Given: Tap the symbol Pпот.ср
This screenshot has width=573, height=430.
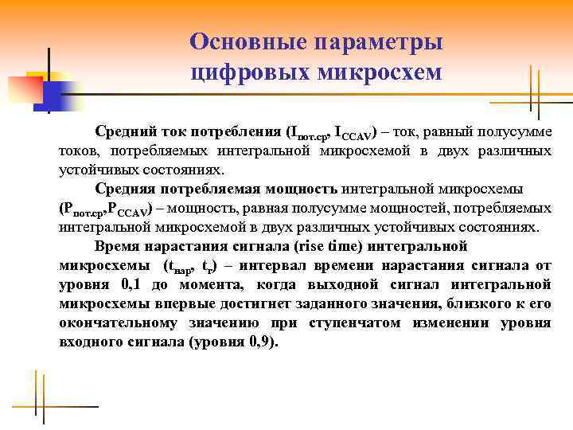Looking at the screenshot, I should (83, 209).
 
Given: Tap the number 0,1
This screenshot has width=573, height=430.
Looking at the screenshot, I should (134, 284).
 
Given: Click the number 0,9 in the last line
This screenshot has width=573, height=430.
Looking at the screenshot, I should (267, 342).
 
